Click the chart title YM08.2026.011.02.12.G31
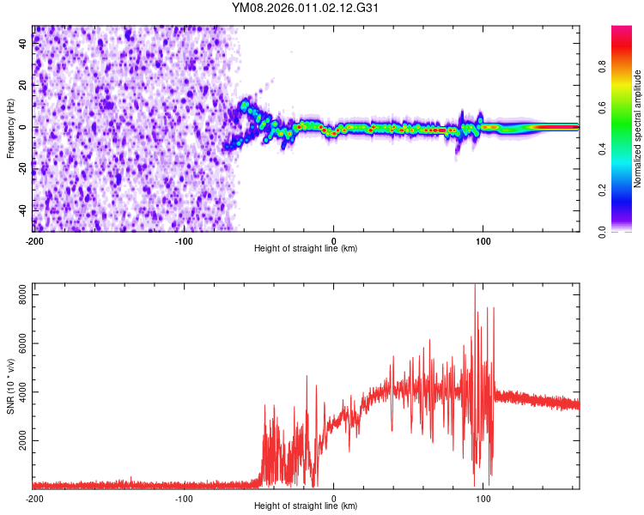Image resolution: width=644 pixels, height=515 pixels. (306, 9)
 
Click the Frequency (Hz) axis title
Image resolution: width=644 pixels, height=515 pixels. (10, 129)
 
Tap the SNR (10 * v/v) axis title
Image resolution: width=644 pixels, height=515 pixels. (10, 386)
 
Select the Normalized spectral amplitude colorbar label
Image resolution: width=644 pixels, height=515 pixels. (638, 129)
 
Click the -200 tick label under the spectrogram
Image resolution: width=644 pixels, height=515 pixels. (34, 239)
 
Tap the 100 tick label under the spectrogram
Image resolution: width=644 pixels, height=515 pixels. (483, 239)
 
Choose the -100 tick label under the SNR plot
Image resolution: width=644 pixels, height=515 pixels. (184, 498)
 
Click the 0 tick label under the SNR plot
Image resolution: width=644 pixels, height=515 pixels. (333, 498)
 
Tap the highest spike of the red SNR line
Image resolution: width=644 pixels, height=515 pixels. (475, 286)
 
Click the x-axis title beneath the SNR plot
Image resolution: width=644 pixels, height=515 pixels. (306, 506)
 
